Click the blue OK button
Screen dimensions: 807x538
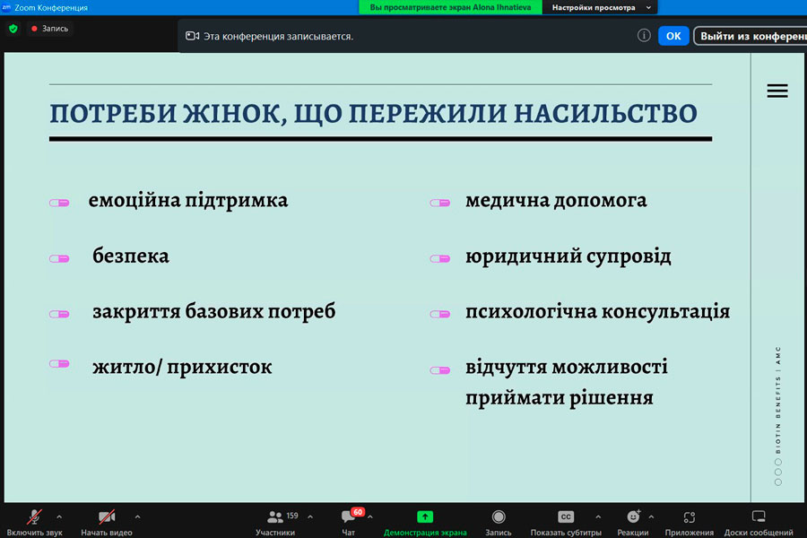(673, 36)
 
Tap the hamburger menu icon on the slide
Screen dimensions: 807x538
(777, 91)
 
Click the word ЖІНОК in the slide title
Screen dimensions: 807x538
(235, 114)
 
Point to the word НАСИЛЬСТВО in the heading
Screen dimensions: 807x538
(606, 113)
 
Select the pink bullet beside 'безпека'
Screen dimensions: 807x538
(59, 258)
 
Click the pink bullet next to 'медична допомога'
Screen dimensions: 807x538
(440, 203)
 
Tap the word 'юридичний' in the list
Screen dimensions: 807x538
(523, 257)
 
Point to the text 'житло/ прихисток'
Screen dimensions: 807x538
(182, 367)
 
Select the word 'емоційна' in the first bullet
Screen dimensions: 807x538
(134, 201)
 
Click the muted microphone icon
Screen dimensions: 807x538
(34, 516)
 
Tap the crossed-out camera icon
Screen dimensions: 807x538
(107, 516)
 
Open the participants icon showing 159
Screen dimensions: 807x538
(275, 516)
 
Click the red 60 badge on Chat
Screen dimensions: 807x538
(358, 512)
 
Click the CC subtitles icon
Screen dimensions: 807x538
(566, 516)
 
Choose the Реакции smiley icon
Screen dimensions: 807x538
(633, 516)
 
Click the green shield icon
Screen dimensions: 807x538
(13, 29)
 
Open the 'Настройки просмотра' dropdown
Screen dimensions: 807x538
(600, 8)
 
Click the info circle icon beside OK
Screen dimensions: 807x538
(644, 36)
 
